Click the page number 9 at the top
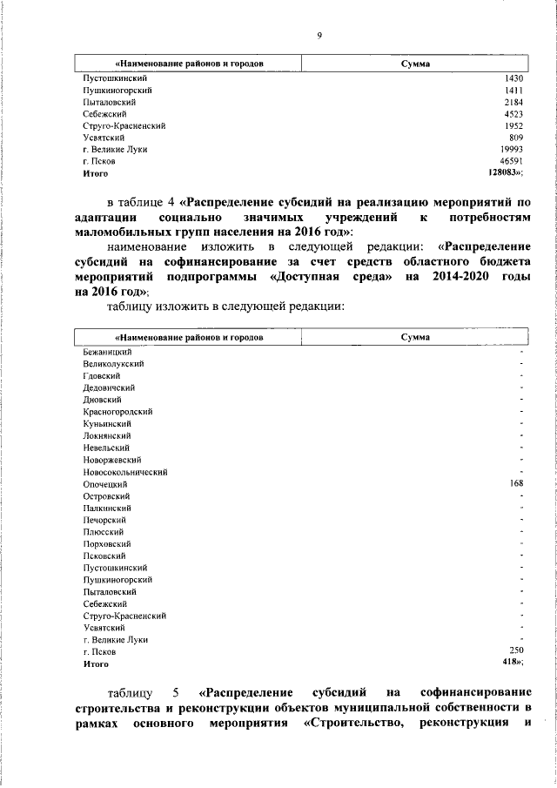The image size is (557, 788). point(319,35)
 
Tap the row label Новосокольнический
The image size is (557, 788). point(125,472)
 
